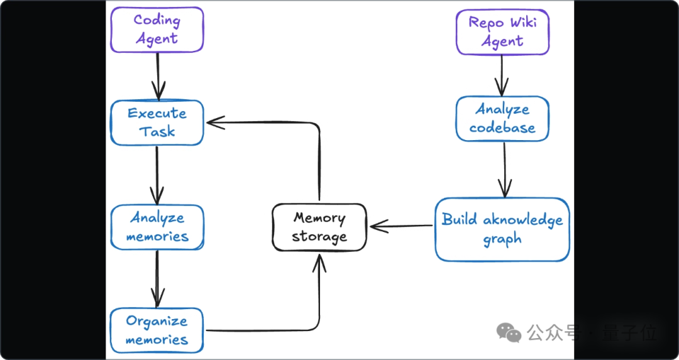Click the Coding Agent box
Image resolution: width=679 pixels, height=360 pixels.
point(157,30)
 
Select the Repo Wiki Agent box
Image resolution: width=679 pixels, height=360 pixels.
point(502,31)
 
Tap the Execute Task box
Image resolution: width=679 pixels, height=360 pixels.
point(157,123)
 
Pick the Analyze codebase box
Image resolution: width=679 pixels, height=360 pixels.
point(502,119)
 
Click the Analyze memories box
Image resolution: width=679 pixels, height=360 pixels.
point(157,227)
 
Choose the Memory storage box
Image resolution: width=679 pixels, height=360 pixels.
point(319,227)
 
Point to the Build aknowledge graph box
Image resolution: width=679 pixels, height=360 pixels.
point(502,229)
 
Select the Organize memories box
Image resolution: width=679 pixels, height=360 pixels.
point(157,330)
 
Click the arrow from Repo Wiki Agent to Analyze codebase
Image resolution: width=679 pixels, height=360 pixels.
point(502,75)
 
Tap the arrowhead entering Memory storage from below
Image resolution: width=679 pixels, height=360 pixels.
point(319,263)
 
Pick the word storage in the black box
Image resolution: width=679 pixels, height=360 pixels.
point(319,237)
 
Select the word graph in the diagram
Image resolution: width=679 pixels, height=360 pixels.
point(502,239)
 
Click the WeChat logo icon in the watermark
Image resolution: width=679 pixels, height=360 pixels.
point(509,332)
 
